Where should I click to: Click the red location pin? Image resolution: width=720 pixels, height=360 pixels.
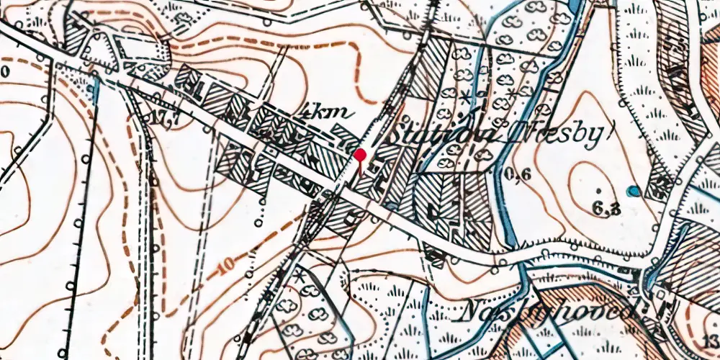tap(360, 155)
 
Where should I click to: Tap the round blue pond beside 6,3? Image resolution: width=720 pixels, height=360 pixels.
tap(633, 192)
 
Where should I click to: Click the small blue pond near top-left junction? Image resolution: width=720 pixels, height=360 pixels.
tap(94, 87)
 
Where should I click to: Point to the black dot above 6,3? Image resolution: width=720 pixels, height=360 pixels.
tap(599, 190)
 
